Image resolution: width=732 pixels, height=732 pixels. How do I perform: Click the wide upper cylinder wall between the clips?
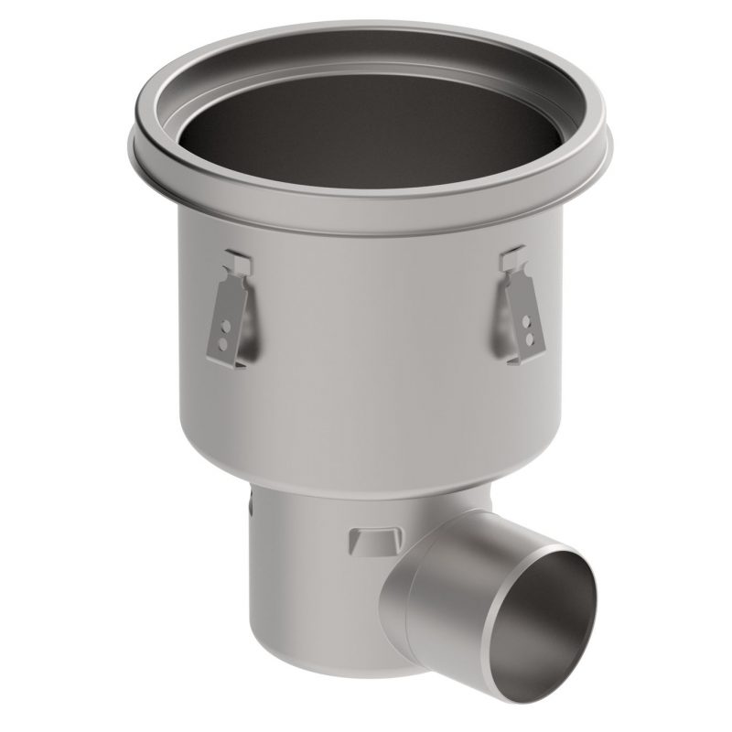point(366,348)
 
